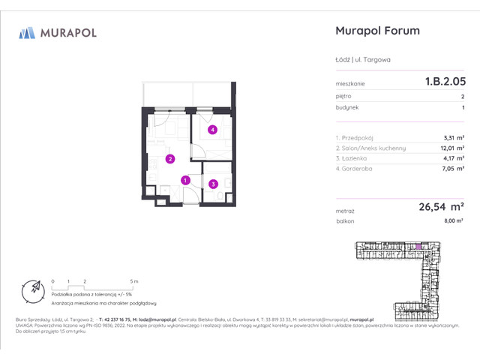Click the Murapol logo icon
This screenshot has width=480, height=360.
coord(27,32)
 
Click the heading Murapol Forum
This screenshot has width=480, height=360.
coord(376,31)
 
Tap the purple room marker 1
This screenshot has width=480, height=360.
coord(185,179)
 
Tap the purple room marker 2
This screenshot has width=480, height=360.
coord(170,158)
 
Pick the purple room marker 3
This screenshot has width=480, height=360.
coord(213,184)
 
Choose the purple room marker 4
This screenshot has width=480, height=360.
coord(213,130)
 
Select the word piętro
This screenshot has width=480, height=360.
coord(343,96)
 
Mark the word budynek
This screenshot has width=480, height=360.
coord(347,107)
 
